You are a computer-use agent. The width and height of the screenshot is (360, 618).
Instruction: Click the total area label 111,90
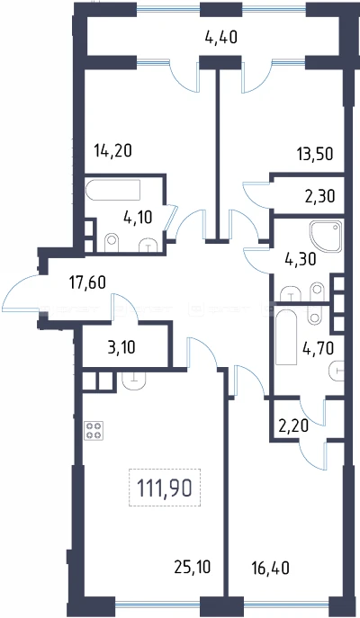(x=165, y=488)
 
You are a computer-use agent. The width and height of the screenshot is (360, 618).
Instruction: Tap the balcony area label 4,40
(x=221, y=38)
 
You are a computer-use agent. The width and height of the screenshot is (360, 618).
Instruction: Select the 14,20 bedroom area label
(x=112, y=150)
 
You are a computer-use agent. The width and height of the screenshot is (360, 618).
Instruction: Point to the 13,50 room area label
(x=315, y=153)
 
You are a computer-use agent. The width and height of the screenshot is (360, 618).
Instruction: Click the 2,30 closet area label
(x=319, y=195)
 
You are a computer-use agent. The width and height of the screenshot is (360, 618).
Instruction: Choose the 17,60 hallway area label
(x=87, y=282)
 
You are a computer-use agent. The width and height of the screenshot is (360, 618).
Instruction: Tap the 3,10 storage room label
(x=121, y=347)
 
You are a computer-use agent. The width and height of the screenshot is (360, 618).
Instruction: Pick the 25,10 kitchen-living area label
(x=193, y=567)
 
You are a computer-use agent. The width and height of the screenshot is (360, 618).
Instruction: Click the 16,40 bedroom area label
(x=271, y=568)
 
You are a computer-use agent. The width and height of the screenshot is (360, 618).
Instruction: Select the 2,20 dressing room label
(x=293, y=425)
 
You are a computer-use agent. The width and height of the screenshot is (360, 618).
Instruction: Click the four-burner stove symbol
(x=94, y=430)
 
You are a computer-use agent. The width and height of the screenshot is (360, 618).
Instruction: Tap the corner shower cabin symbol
(x=326, y=236)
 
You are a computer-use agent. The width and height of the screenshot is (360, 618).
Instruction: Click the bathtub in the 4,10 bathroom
(x=113, y=190)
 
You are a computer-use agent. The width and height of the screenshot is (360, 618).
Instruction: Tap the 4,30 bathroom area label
(x=300, y=259)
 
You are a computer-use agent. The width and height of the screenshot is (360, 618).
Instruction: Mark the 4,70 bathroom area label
(x=319, y=348)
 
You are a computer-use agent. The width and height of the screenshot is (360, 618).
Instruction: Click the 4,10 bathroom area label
(x=138, y=217)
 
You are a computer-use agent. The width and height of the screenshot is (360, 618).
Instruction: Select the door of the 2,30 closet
(x=256, y=194)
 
